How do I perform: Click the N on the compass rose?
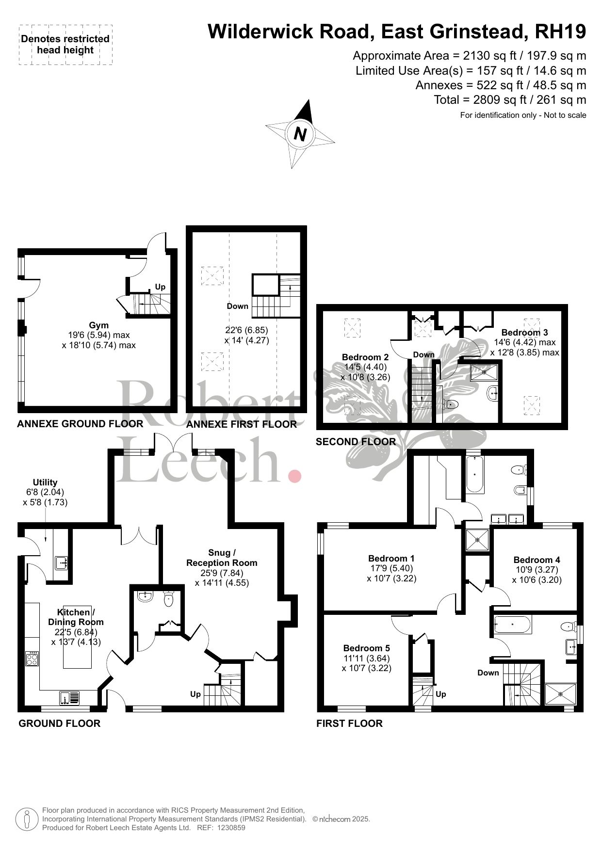300,133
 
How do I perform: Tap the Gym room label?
98,325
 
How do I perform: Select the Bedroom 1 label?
391,559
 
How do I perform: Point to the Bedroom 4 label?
537,560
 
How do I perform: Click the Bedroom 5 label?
366,648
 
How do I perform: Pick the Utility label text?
45,482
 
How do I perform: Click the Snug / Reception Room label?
222,558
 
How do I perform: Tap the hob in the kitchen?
32,658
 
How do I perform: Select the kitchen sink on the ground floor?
71,698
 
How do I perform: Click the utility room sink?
61,562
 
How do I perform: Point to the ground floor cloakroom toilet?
169,599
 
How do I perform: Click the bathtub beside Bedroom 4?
513,625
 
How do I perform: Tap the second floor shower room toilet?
451,404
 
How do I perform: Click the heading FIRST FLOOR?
349,723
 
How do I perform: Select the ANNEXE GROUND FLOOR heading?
80,424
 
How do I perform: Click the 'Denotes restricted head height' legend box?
65,44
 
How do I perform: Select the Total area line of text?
510,100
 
